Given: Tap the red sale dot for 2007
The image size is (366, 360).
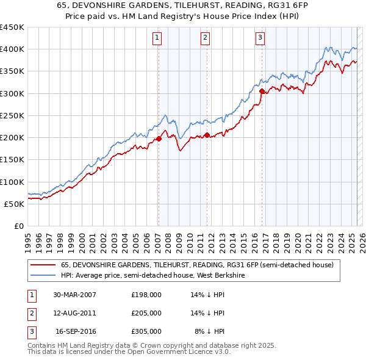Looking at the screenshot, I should [x=159, y=139].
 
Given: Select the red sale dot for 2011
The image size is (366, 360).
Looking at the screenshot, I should [x=207, y=135].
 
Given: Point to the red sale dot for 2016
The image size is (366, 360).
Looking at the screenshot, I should [x=262, y=92].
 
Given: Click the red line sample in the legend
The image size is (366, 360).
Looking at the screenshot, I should [x=43, y=265].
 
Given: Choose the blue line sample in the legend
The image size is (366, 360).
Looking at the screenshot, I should [x=43, y=275].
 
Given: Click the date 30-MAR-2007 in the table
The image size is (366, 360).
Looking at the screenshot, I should [x=75, y=295].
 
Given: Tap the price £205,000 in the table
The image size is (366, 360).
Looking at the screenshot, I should [x=146, y=313].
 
